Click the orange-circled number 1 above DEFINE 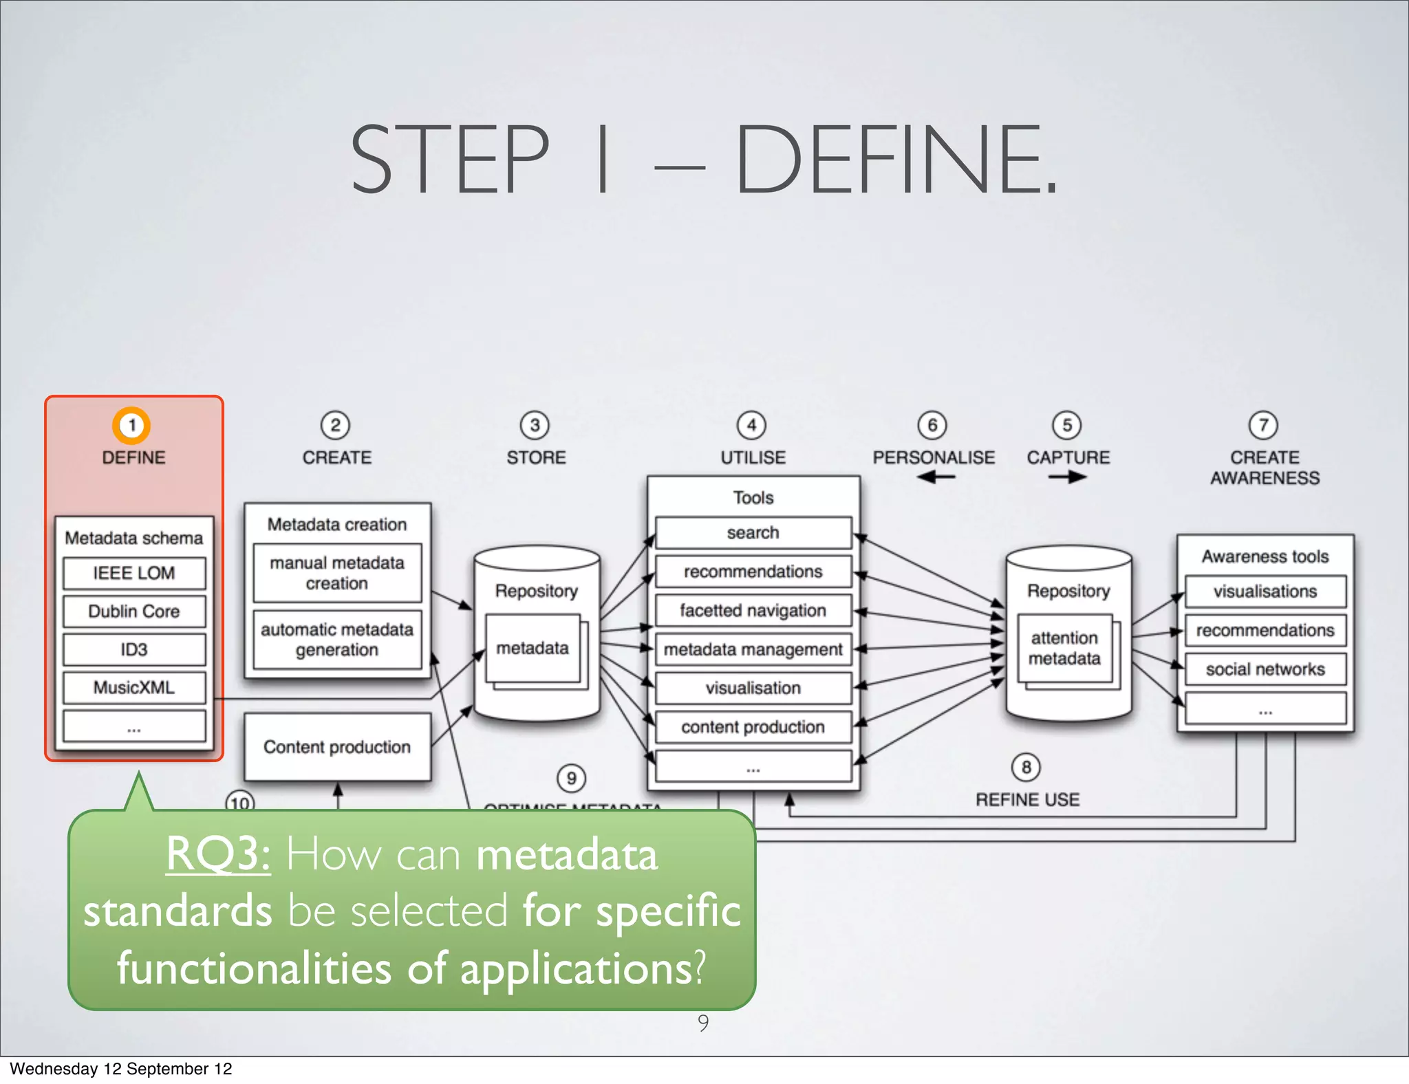click(x=131, y=425)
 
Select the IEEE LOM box click(x=134, y=573)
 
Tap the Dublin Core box click(x=134, y=611)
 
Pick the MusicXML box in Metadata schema click(x=134, y=687)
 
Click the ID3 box click(x=134, y=649)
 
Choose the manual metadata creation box click(x=337, y=573)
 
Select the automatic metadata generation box click(x=337, y=640)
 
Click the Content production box click(x=337, y=747)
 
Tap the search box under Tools click(x=753, y=532)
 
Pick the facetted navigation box click(x=753, y=610)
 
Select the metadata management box click(x=753, y=649)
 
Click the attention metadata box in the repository click(x=1064, y=648)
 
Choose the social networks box click(x=1265, y=669)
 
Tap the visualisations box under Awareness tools click(x=1265, y=592)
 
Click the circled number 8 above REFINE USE click(x=1026, y=767)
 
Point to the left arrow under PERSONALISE click(x=935, y=477)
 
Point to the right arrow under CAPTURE click(x=1068, y=477)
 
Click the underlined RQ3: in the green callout click(x=218, y=854)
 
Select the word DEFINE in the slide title click(x=894, y=160)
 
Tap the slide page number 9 click(x=703, y=1023)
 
